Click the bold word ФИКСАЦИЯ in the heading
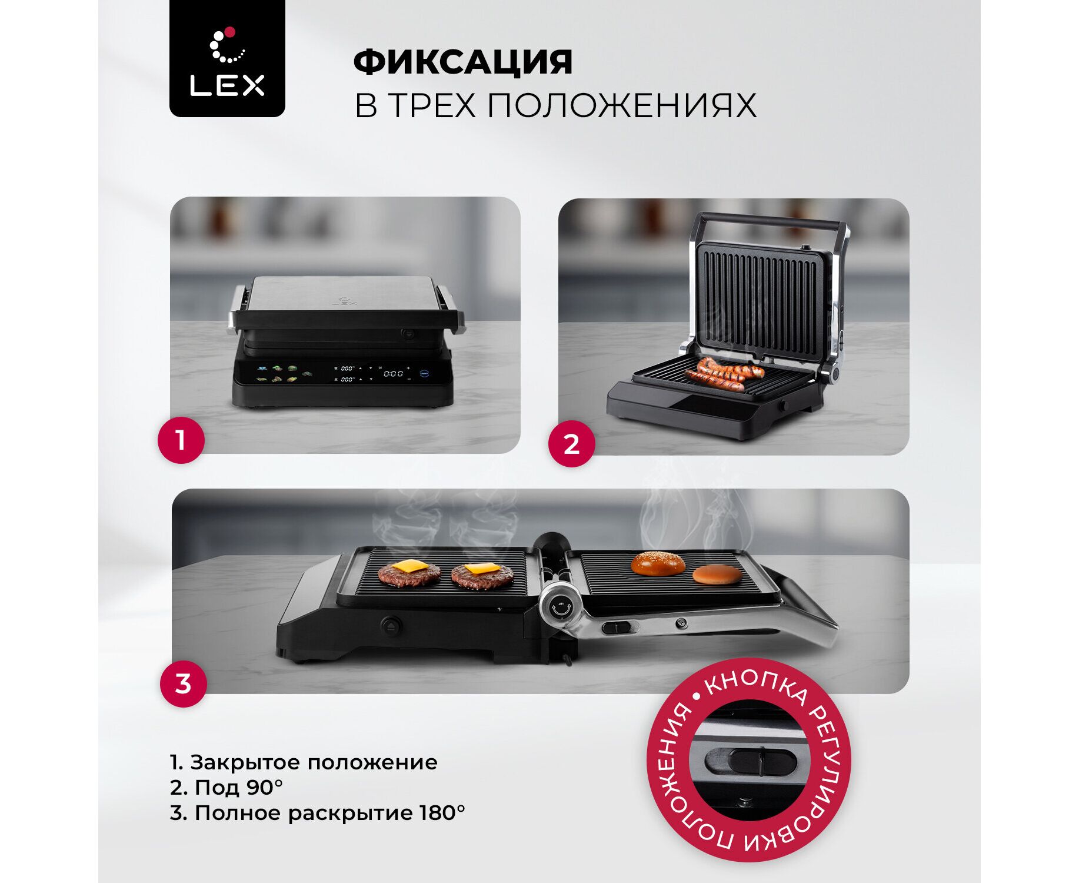pyautogui.click(x=463, y=62)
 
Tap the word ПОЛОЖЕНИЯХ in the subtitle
pyautogui.click(x=622, y=105)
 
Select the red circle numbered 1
pyautogui.click(x=181, y=440)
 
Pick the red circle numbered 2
pyautogui.click(x=571, y=444)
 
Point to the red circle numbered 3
pyautogui.click(x=183, y=683)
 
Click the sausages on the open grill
pyautogui.click(x=724, y=374)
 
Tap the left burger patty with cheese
pyautogui.click(x=409, y=573)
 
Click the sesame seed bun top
pyautogui.click(x=658, y=563)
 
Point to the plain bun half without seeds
pyautogui.click(x=717, y=574)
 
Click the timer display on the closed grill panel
pyautogui.click(x=393, y=373)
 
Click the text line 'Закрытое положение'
pyautogui.click(x=304, y=762)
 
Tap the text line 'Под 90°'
pyautogui.click(x=227, y=787)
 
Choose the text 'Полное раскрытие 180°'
pyautogui.click(x=317, y=813)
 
